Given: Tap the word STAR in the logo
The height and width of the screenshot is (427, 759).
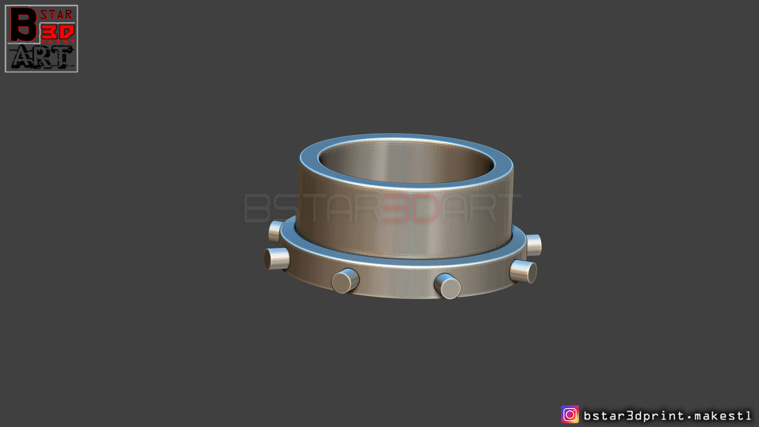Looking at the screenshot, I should click(x=57, y=15).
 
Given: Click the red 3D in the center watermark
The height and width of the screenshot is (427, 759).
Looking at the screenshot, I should click(x=411, y=208).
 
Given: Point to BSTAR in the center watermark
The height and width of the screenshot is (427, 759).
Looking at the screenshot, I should click(x=312, y=208).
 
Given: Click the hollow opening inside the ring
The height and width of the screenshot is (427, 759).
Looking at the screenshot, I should click(x=406, y=162).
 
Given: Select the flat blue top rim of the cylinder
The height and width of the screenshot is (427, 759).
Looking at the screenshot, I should click(x=406, y=138).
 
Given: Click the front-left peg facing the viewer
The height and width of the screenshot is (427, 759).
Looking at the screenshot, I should click(x=345, y=281).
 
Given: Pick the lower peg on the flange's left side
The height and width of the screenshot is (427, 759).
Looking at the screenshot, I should click(x=276, y=259).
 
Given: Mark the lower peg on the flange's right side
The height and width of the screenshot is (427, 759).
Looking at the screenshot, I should click(x=523, y=271).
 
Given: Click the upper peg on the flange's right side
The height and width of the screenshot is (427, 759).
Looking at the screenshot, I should click(x=533, y=245).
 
